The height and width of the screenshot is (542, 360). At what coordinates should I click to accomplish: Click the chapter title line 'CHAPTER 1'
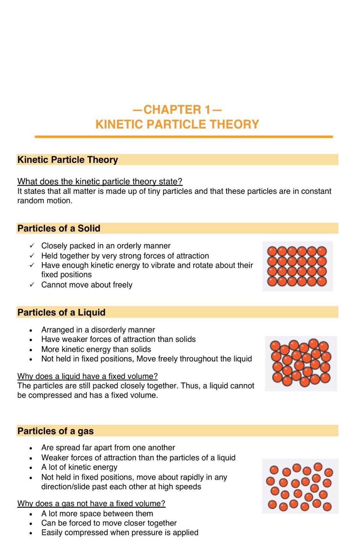pyautogui.click(x=177, y=110)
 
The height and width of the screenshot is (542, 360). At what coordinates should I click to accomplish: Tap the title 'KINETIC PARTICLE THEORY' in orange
pyautogui.click(x=177, y=124)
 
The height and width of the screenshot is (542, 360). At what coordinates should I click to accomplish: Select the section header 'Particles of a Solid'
pyautogui.click(x=59, y=228)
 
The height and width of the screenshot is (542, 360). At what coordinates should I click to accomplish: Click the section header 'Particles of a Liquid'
pyautogui.click(x=61, y=312)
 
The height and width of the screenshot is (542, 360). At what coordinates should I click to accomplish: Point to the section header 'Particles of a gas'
pyautogui.click(x=55, y=431)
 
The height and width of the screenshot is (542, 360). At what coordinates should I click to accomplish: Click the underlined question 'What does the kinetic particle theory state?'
pyautogui.click(x=100, y=181)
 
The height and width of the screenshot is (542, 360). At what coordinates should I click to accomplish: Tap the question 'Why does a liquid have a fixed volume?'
pyautogui.click(x=87, y=376)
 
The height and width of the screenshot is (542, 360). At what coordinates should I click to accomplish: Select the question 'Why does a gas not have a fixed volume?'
pyautogui.click(x=91, y=503)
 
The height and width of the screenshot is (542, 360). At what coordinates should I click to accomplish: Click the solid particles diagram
pyautogui.click(x=297, y=266)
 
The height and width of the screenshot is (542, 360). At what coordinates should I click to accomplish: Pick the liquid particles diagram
pyautogui.click(x=301, y=363)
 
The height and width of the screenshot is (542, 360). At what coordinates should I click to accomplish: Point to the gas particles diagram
pyautogui.click(x=300, y=486)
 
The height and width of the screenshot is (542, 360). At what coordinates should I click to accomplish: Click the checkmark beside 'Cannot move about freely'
pyautogui.click(x=32, y=285)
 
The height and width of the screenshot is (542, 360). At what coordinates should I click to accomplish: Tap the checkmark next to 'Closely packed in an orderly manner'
pyautogui.click(x=32, y=246)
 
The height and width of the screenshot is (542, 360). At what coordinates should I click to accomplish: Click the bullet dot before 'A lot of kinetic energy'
pyautogui.click(x=31, y=468)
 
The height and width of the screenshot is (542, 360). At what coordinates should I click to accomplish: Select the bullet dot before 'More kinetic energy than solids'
pyautogui.click(x=31, y=350)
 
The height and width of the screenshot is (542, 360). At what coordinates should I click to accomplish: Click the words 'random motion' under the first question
pyautogui.click(x=45, y=201)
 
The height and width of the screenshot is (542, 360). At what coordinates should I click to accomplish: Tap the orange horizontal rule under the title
pyautogui.click(x=184, y=137)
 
